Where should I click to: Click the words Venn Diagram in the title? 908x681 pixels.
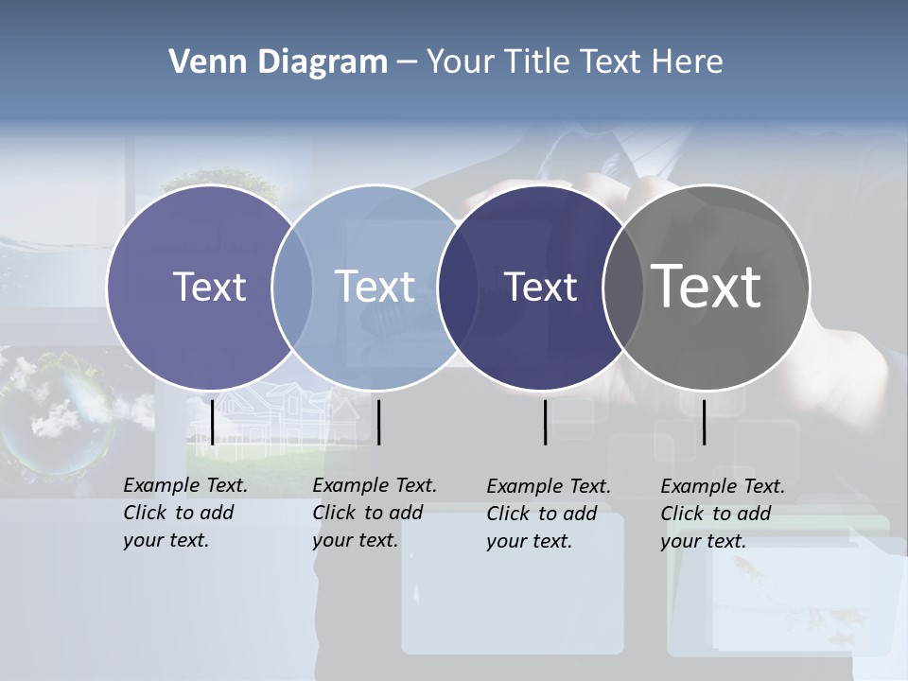(278, 62)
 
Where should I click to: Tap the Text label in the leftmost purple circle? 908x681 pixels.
(209, 287)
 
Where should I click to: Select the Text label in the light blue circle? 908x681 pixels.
(375, 287)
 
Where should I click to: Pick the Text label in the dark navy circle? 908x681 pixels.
(540, 288)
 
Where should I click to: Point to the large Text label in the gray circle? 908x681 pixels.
(707, 286)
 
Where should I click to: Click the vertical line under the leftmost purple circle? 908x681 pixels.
(212, 422)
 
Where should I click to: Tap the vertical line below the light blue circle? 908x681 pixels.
(378, 422)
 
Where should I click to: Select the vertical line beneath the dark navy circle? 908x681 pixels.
(545, 422)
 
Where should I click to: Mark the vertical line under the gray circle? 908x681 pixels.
(704, 422)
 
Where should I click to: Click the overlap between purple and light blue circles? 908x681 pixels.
(292, 288)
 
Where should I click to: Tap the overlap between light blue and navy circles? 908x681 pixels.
(458, 288)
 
